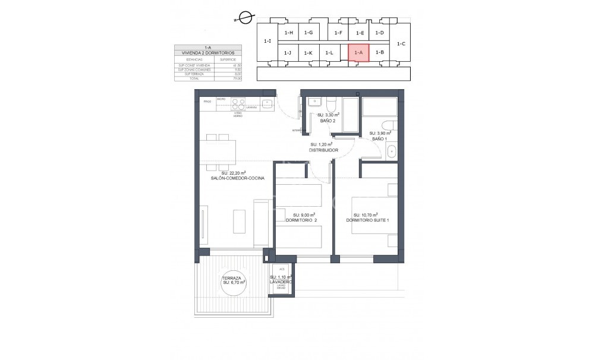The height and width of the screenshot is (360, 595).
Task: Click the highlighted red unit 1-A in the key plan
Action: point(358,53)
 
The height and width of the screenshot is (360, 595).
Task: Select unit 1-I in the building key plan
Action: point(267,41)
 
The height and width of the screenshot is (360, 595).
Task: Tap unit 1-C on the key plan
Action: point(401,43)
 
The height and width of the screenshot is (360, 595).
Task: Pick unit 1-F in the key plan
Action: point(338,33)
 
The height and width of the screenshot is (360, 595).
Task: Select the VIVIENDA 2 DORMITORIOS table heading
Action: point(207,53)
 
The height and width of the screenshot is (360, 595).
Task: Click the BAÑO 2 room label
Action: point(328,121)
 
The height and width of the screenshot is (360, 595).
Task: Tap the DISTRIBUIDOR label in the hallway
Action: point(323,150)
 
